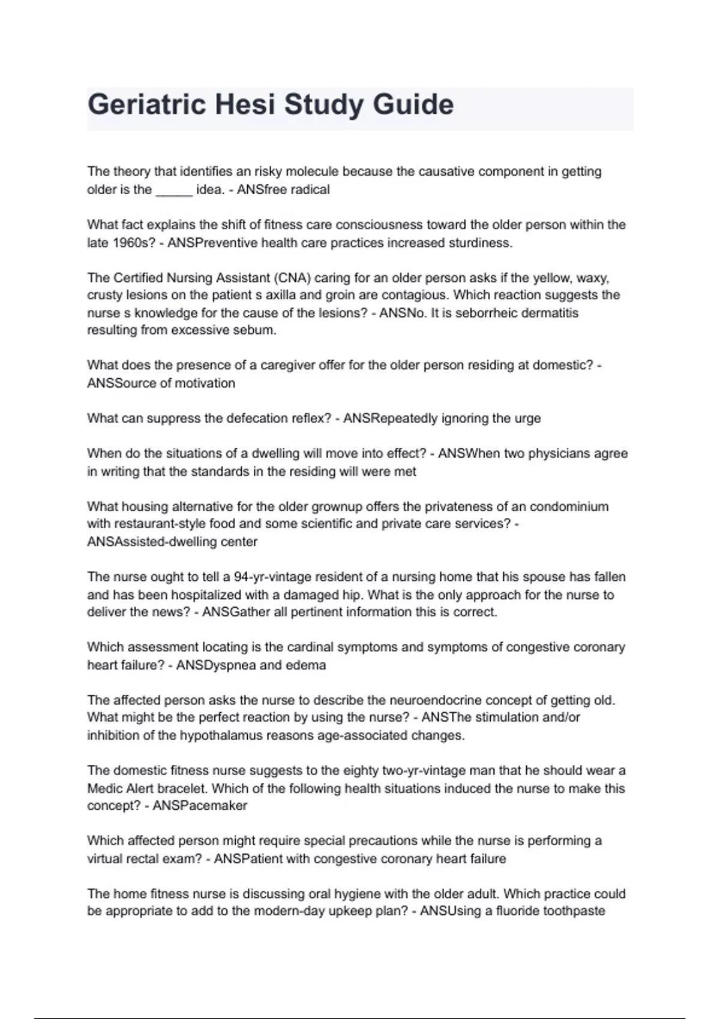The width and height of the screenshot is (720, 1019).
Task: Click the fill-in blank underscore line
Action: coord(174,190)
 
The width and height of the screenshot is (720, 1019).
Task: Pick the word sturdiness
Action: coord(479,243)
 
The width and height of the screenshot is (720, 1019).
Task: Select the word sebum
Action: coord(257,330)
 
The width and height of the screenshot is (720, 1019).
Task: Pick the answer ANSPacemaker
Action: coord(200,806)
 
